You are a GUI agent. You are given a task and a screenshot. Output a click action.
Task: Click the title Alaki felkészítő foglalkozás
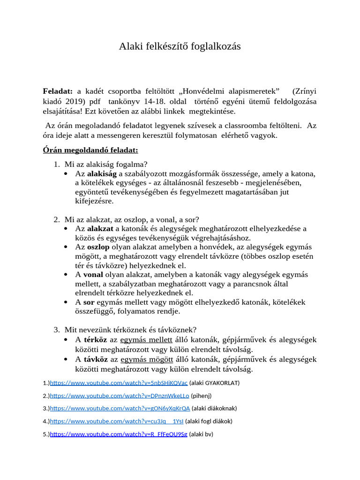pyautogui.click(x=180, y=46)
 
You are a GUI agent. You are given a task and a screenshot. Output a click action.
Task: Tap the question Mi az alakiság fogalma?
pyautogui.click(x=106, y=164)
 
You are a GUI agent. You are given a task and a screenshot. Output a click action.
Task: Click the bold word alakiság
pyautogui.click(x=102, y=174)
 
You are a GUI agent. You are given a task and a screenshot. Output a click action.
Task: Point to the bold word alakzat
pyautogui.click(x=100, y=229)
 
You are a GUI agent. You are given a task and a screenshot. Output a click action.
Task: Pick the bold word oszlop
pyautogui.click(x=98, y=247)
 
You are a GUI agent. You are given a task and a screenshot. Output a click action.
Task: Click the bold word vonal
pyautogui.click(x=93, y=275)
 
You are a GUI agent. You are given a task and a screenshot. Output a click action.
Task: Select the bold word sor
pyautogui.click(x=89, y=302)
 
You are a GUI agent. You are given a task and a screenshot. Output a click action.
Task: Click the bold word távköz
pyautogui.click(x=96, y=360)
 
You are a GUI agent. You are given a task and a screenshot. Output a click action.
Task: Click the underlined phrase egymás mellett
pyautogui.click(x=146, y=340)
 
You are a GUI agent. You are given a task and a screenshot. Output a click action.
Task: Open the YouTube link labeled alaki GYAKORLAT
pyautogui.click(x=119, y=383)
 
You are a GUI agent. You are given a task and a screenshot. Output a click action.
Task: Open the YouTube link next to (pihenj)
pyautogui.click(x=120, y=396)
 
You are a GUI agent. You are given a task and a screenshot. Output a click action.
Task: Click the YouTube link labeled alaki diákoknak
pyautogui.click(x=120, y=408)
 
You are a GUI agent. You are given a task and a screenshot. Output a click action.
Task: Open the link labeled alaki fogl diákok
pyautogui.click(x=117, y=421)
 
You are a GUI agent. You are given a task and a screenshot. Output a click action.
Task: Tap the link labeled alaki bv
pyautogui.click(x=119, y=434)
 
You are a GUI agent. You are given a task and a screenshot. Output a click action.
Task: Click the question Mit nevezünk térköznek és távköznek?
pyautogui.click(x=130, y=330)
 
